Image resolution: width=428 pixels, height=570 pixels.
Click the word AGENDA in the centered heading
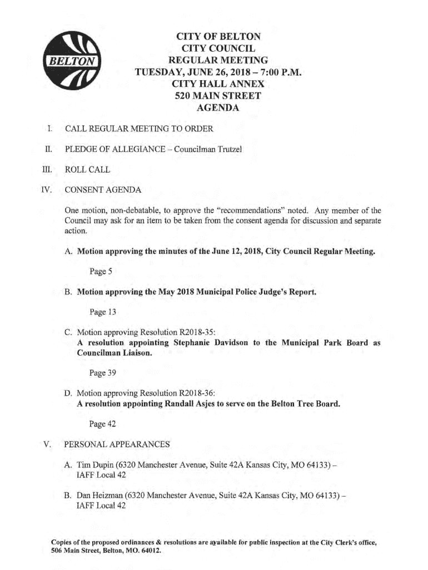click(218, 108)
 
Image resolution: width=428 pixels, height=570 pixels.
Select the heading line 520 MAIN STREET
click(218, 96)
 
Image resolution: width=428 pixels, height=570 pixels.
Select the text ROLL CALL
click(88, 169)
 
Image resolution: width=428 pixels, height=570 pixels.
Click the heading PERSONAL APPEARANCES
click(117, 444)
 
